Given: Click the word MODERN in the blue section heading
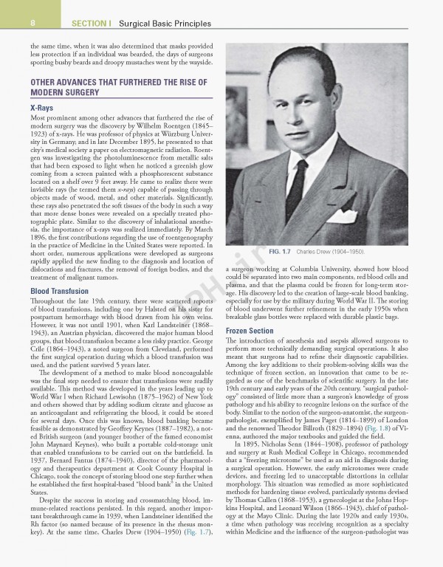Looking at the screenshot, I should click(44, 93).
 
